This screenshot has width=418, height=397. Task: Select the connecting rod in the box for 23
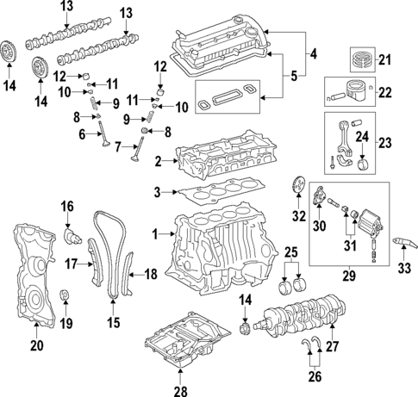coord(345,142)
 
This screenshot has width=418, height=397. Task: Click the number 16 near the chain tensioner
coord(67,207)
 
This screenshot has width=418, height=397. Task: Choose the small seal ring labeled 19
coord(64,299)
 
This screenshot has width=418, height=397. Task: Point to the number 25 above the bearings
coord(292,254)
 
